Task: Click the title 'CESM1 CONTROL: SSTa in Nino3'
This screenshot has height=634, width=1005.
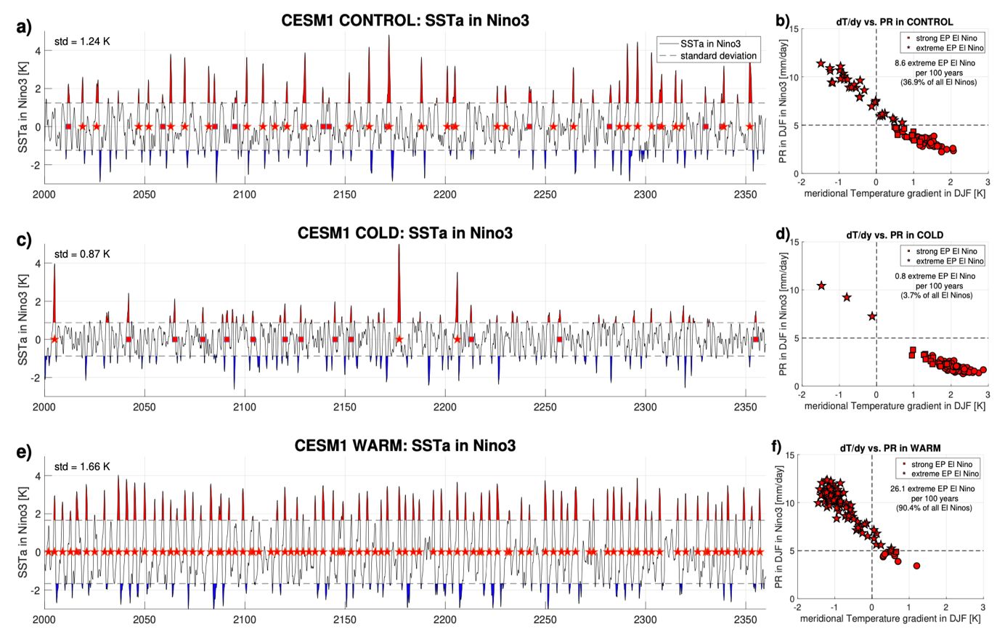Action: (x=405, y=20)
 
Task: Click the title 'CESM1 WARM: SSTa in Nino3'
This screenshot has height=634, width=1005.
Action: (x=405, y=445)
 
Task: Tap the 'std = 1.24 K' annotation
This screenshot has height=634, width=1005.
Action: (x=82, y=41)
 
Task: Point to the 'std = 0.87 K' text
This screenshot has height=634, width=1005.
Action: (x=82, y=254)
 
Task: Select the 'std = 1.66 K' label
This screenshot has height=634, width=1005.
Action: (x=82, y=466)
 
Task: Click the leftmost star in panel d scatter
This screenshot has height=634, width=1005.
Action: (x=821, y=286)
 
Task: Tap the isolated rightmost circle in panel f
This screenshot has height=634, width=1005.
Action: (x=916, y=566)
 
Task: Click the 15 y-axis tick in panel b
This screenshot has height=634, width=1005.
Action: (x=792, y=30)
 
